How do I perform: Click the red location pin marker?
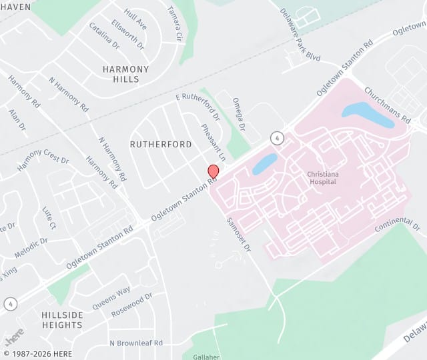pos(213,171)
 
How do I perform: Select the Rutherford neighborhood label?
pos(161,144)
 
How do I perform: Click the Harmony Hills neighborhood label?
pos(121,74)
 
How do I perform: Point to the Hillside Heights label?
pos(62,320)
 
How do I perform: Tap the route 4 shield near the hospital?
pos(276,138)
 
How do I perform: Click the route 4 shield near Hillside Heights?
pos(9,304)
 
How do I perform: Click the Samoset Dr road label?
pos(238,234)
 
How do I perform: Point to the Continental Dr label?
pos(398,225)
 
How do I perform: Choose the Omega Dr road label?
pos(239,114)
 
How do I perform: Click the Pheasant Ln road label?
pos(213,141)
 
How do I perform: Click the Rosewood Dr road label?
pos(132,303)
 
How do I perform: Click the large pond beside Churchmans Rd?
pos(367,114)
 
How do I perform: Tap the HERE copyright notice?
pos(37,354)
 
